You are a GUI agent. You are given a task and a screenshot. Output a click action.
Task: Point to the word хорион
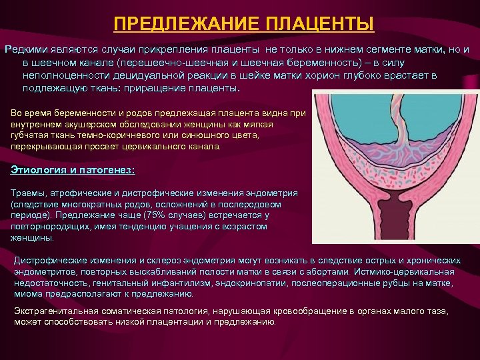[x=315, y=75]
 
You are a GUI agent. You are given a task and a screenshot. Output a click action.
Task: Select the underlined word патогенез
[x=112, y=170]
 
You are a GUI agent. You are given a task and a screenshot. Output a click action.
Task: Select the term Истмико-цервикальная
[x=409, y=271]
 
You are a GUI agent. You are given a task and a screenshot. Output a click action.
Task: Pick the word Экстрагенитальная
[x=55, y=311]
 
